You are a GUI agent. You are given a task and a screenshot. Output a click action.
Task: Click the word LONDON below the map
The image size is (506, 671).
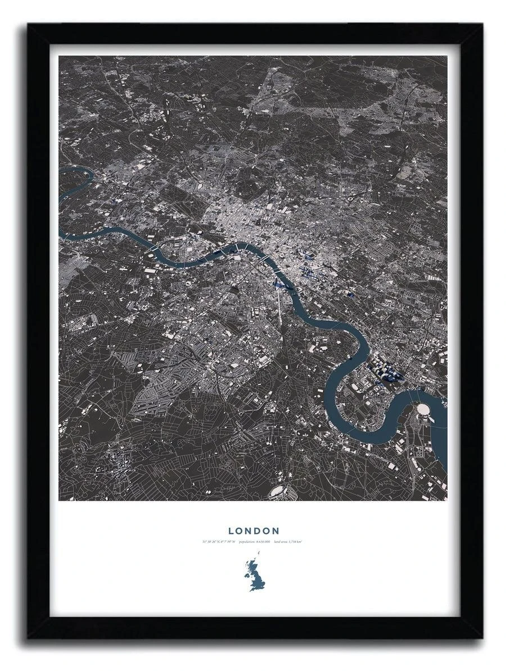pyautogui.click(x=254, y=531)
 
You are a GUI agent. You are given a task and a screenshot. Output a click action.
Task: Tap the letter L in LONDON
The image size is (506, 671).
pyautogui.click(x=231, y=531)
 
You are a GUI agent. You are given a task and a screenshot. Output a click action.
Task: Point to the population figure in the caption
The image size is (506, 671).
pyautogui.click(x=255, y=542)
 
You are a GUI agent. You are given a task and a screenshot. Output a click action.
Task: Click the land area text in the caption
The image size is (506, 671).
pyautogui.click(x=289, y=542)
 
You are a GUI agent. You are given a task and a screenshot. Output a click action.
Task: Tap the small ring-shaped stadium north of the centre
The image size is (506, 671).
pyautogui.click(x=351, y=199)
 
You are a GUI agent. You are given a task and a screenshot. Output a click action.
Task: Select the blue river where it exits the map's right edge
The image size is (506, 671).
pyautogui.click(x=444, y=444)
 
